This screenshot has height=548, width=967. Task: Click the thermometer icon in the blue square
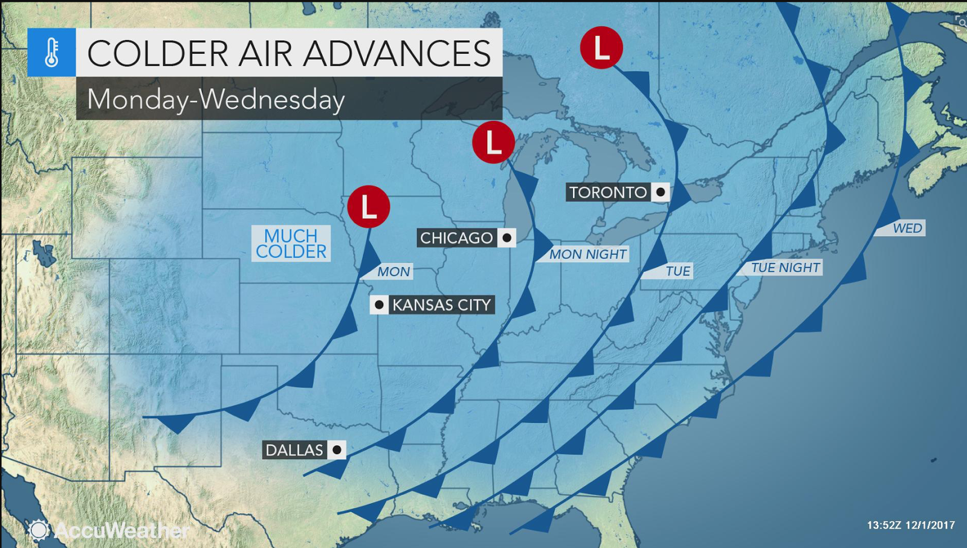pos(51,52)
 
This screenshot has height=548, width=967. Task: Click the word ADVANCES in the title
pos(396,53)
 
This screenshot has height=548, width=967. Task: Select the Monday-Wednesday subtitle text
pos(216,99)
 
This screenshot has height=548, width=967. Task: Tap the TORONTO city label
pos(607,192)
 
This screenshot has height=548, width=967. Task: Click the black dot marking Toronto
pos(661,192)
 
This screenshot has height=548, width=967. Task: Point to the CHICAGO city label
pos(456,238)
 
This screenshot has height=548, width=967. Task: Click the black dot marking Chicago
pos(506,238)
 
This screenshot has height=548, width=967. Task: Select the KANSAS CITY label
pos(441,305)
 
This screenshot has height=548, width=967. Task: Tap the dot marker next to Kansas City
pos(379,305)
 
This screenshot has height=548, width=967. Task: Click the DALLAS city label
pos(294,450)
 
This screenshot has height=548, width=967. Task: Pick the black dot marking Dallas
pos(337,450)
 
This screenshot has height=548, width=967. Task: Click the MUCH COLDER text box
pos(291,243)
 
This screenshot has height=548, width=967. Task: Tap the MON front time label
pos(393,272)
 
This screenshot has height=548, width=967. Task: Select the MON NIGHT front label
pos(587,254)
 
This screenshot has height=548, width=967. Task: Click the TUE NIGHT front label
pos(784,268)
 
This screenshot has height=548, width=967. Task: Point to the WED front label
pos(907,228)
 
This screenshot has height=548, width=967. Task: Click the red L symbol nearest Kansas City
pos(368,207)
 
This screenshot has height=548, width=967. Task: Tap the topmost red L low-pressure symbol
pos(601,48)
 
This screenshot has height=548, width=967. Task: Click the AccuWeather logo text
pos(121,530)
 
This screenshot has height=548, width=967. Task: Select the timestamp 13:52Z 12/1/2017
pos(910,525)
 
